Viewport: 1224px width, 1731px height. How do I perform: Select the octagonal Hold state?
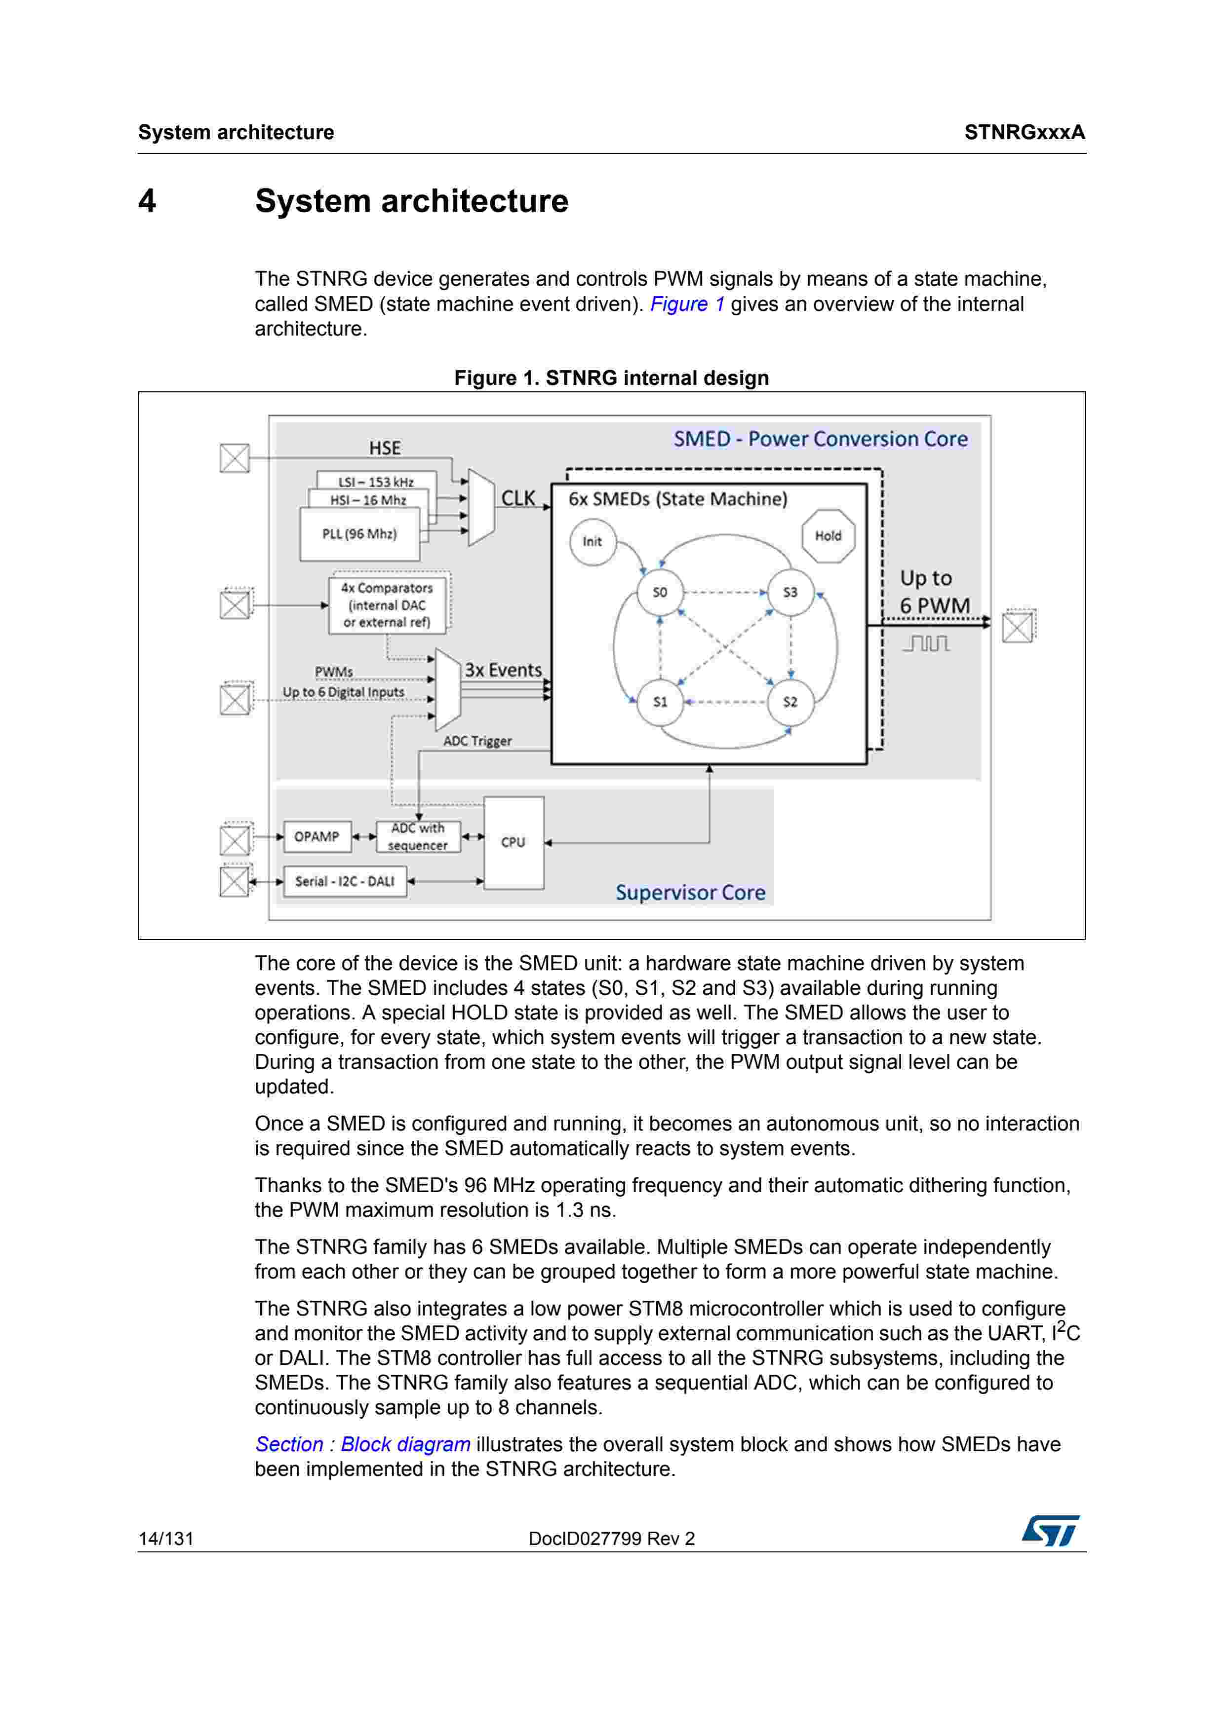click(828, 536)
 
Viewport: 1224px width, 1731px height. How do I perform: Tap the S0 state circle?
click(660, 593)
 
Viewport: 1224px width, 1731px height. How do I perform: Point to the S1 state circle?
click(660, 702)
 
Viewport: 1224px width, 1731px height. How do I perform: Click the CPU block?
click(513, 843)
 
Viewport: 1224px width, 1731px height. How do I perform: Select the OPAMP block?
click(317, 837)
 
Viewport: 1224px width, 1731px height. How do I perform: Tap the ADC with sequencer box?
click(418, 837)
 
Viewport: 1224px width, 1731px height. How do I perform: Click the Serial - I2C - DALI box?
click(345, 881)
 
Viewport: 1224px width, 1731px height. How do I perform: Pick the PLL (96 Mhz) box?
click(360, 534)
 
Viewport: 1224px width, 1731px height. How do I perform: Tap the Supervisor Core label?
click(690, 893)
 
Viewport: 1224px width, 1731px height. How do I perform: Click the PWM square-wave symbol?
click(926, 643)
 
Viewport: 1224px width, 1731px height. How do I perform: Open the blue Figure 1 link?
click(687, 304)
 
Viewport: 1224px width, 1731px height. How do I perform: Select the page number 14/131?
click(166, 1539)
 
